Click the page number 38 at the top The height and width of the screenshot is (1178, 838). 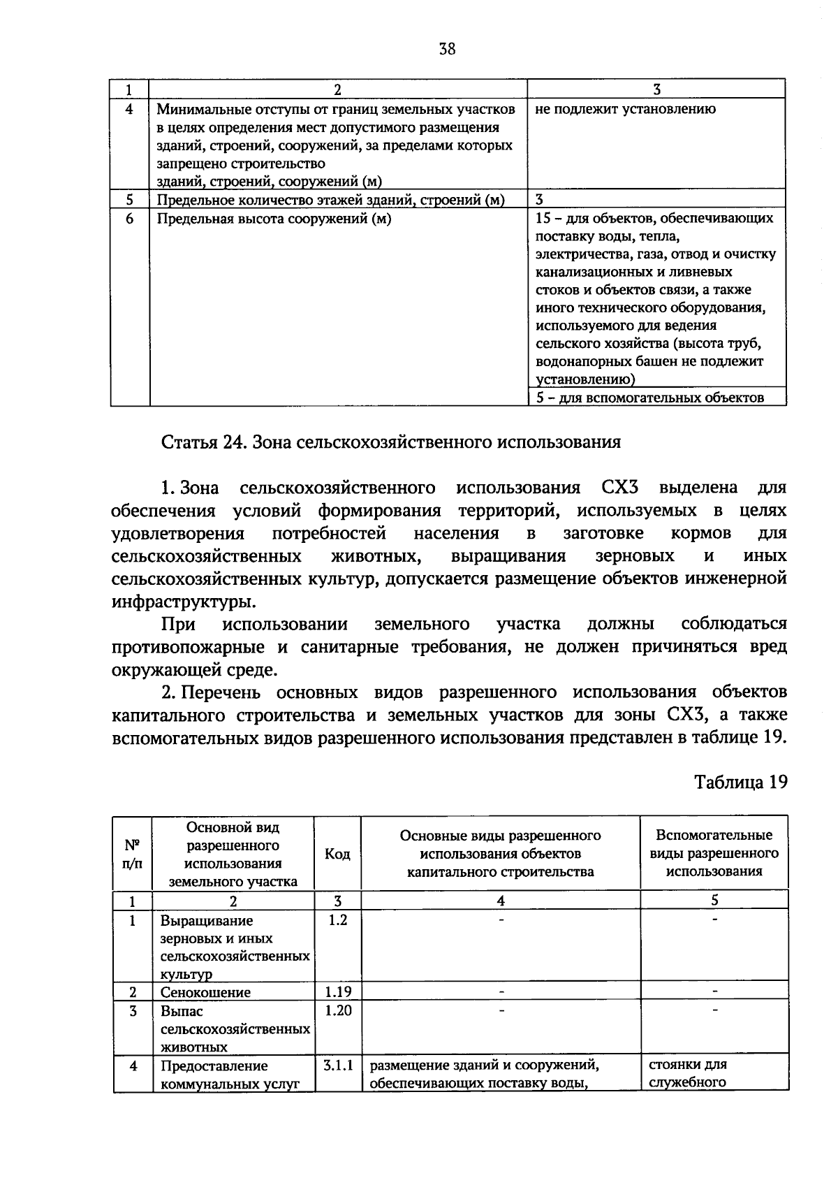pyautogui.click(x=447, y=49)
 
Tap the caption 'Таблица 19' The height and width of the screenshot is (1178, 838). pyautogui.click(x=740, y=782)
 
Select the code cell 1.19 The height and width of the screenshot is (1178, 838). pyautogui.click(x=338, y=991)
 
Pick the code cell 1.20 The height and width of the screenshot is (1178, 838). pyautogui.click(x=338, y=1010)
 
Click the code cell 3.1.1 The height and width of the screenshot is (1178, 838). pyautogui.click(x=338, y=1066)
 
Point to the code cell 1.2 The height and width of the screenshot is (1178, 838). pyautogui.click(x=338, y=920)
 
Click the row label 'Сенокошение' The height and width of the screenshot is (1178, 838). pyautogui.click(x=205, y=992)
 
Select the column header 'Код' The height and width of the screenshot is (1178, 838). pyautogui.click(x=338, y=854)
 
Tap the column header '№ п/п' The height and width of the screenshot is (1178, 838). pyautogui.click(x=132, y=854)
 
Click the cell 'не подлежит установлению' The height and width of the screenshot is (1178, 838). pyautogui.click(x=625, y=109)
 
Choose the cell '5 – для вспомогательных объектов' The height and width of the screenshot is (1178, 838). pyautogui.click(x=649, y=398)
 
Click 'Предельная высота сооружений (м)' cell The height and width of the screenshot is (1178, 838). pyautogui.click(x=274, y=219)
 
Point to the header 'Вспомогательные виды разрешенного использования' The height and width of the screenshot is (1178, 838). pyautogui.click(x=714, y=853)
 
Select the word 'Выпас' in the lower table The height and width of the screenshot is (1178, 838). pyautogui.click(x=182, y=1011)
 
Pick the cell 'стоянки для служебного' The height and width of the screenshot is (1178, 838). pyautogui.click(x=688, y=1074)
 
